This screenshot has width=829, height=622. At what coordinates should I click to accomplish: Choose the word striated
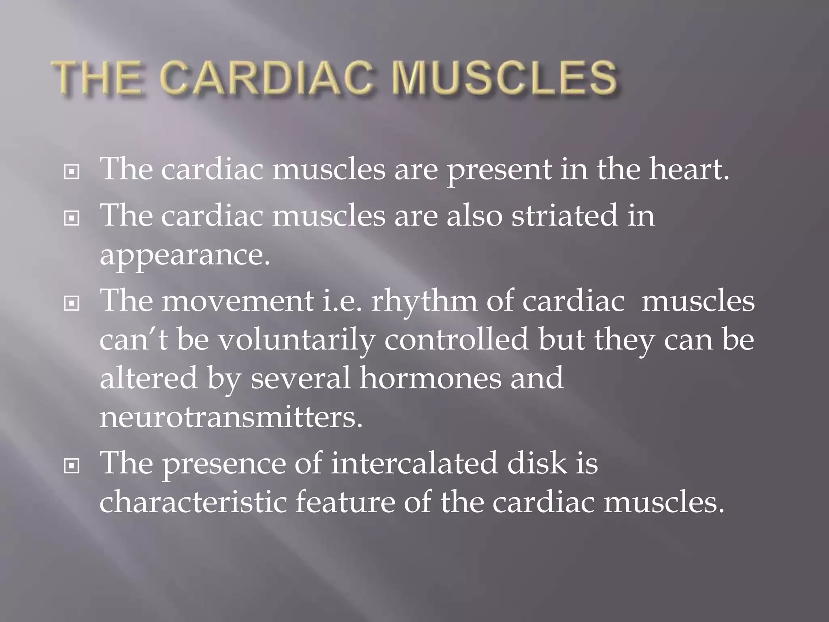[x=565, y=215]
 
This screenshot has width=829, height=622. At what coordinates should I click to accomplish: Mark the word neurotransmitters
[x=231, y=417]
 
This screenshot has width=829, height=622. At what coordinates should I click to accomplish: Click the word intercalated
[x=414, y=463]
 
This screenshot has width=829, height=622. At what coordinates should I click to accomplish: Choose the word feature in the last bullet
[x=345, y=502]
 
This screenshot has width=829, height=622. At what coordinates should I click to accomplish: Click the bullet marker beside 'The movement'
[x=72, y=302]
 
